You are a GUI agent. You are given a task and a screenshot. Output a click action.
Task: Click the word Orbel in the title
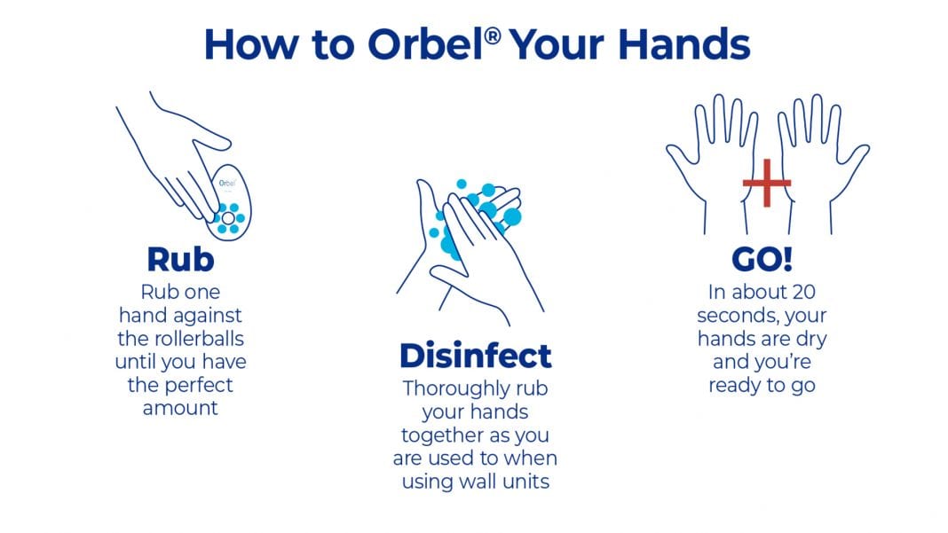point(425,44)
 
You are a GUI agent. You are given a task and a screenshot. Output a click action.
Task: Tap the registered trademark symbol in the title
point(493,36)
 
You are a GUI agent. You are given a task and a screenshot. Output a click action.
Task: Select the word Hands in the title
point(683,44)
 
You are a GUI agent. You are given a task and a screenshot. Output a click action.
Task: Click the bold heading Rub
point(180,259)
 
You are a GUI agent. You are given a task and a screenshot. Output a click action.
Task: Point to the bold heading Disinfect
point(475,355)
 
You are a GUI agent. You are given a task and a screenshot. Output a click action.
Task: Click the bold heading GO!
point(762,259)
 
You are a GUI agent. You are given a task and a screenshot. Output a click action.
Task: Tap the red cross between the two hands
point(767,183)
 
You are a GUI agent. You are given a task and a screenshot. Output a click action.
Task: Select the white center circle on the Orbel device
point(228,218)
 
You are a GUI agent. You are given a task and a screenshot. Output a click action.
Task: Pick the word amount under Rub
point(180,408)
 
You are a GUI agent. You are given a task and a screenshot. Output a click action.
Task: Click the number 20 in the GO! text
point(803,292)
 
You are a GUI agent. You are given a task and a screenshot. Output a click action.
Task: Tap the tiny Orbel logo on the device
point(226,183)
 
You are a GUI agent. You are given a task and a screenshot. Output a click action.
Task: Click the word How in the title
point(251,44)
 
